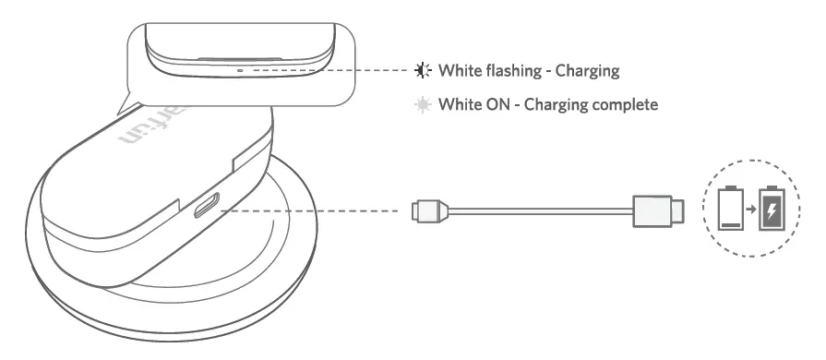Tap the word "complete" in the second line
621,104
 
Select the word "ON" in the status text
496,104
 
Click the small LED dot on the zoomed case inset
240,68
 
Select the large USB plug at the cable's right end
657,210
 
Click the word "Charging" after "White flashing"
586,69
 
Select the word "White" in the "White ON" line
459,104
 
